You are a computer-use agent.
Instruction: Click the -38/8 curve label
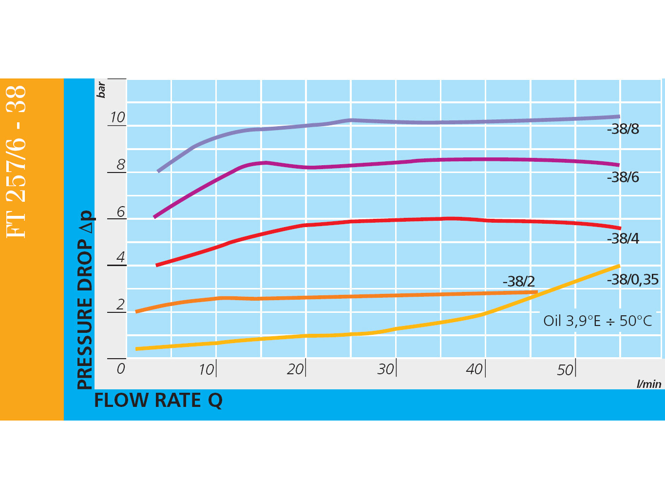tap(623, 129)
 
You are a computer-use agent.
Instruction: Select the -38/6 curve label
tap(623, 177)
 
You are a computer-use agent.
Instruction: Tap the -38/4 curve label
tap(623, 239)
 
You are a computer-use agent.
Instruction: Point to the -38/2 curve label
tap(518, 282)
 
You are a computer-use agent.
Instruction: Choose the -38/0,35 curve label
tap(632, 280)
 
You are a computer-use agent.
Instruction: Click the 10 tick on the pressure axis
tap(117, 117)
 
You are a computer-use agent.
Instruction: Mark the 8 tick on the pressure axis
tap(121, 165)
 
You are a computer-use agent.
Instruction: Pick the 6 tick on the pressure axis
tap(121, 212)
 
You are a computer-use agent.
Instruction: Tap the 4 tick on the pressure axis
tap(121, 257)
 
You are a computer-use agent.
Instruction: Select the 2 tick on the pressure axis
tap(121, 305)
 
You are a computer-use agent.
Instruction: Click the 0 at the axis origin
tap(121, 369)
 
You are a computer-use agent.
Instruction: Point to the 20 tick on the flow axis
tap(295, 369)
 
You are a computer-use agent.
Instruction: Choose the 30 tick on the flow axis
tap(385, 369)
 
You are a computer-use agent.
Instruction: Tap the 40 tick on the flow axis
tap(475, 369)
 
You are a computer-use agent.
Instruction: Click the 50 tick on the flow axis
tap(565, 370)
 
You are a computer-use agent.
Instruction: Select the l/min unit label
tap(649, 384)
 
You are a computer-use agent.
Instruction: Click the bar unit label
tap(101, 90)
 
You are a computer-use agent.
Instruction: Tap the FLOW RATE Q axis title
tap(158, 401)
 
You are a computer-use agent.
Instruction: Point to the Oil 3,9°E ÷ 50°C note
tap(597, 321)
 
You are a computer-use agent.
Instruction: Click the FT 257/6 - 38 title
tap(16, 161)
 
